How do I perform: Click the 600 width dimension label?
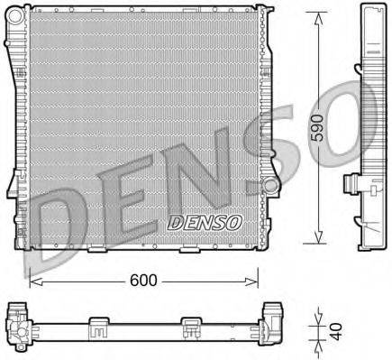(144, 281)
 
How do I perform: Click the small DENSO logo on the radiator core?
(205, 221)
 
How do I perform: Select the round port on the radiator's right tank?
(269, 187)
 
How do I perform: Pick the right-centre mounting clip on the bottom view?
(190, 323)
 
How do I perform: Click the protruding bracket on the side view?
(352, 184)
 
